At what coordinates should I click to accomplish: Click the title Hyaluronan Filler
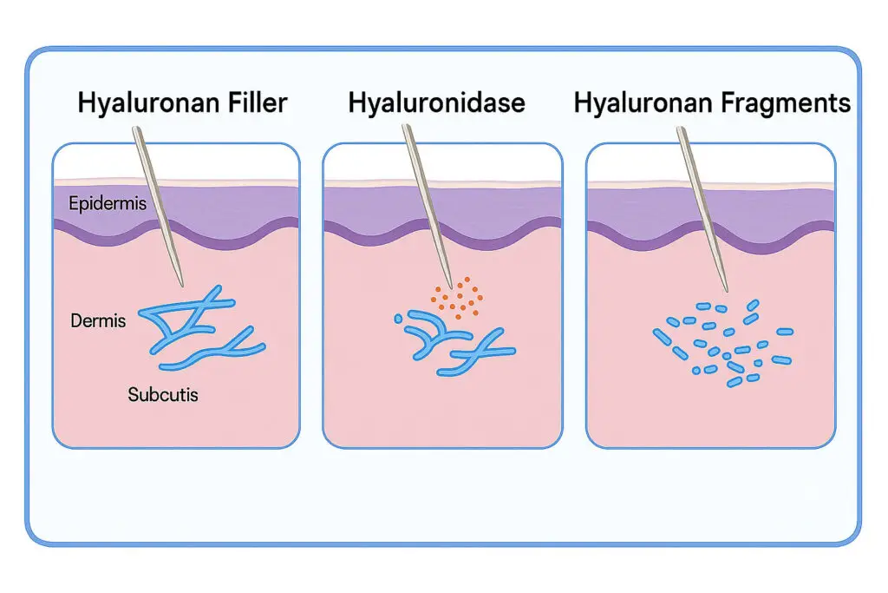click(182, 103)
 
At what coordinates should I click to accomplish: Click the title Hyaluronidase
click(436, 103)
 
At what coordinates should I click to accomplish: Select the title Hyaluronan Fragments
click(712, 103)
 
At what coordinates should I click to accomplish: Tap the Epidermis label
click(107, 205)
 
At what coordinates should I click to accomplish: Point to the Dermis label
click(98, 321)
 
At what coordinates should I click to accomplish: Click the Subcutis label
click(163, 395)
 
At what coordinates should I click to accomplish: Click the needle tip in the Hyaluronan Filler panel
click(182, 284)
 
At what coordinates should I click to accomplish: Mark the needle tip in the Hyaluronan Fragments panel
click(726, 291)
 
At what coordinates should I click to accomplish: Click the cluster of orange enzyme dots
click(454, 295)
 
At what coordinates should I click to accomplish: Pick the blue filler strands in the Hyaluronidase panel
click(451, 343)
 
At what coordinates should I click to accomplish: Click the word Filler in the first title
click(254, 103)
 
